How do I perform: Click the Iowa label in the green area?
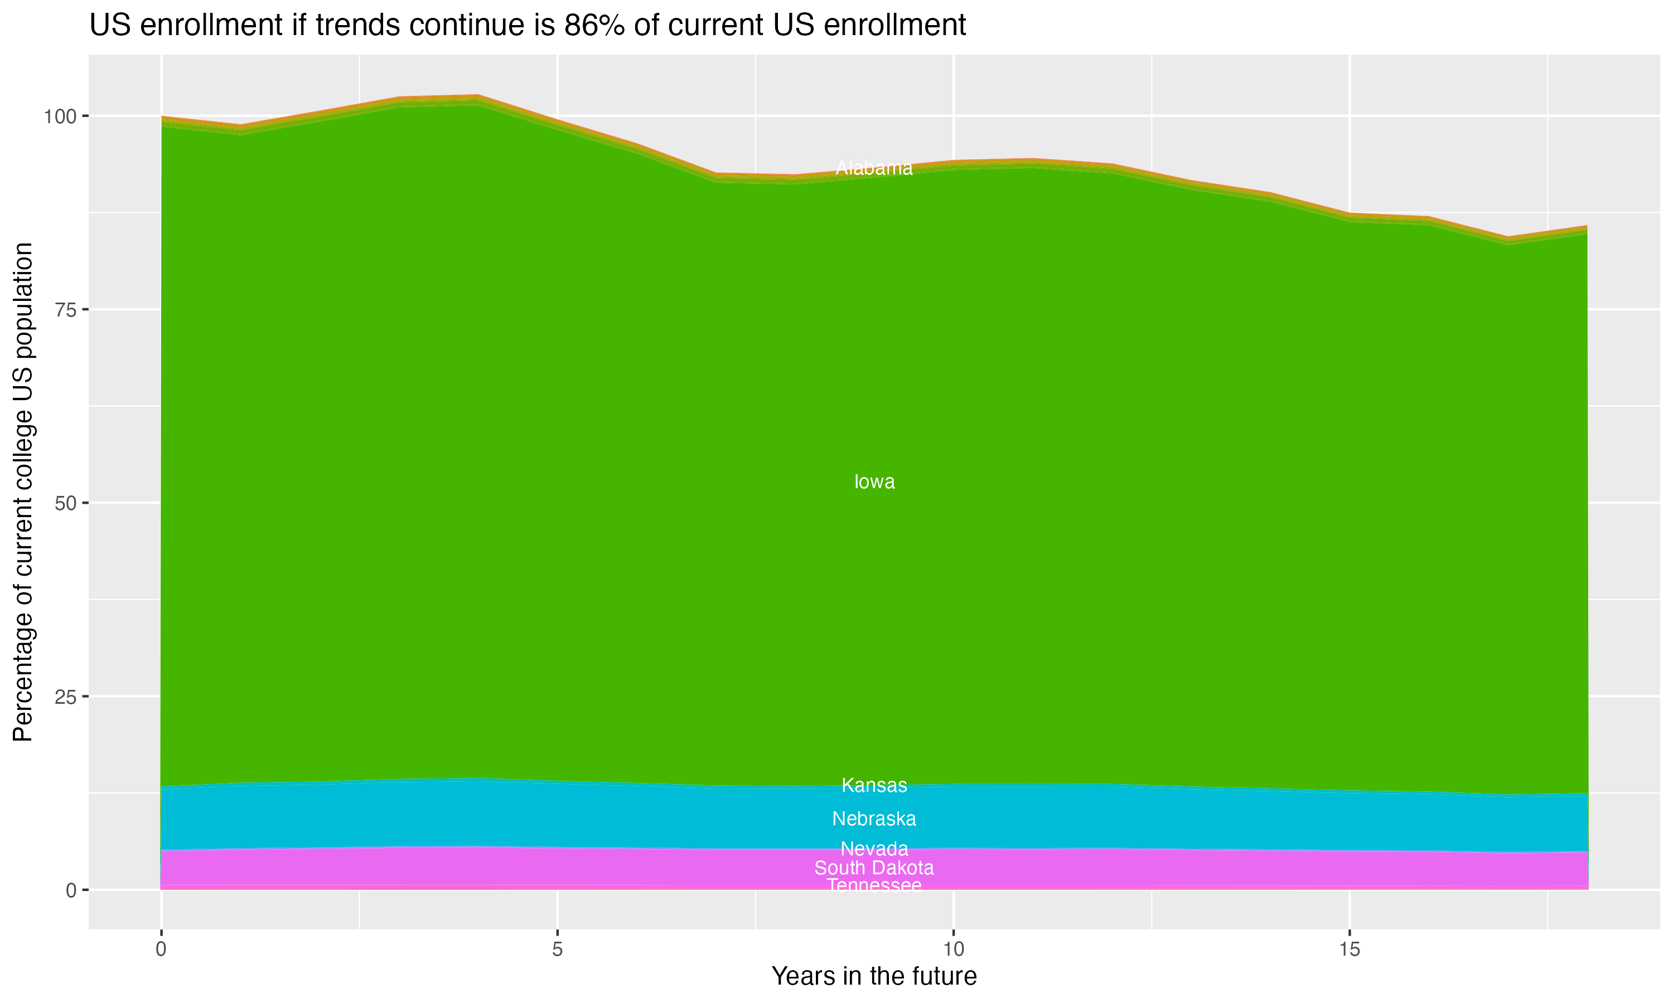[x=874, y=482]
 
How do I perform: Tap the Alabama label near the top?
[x=874, y=168]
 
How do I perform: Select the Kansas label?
[x=874, y=785]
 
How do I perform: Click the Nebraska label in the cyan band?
[x=874, y=819]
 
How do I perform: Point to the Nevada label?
[x=874, y=849]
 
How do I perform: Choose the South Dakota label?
[x=874, y=868]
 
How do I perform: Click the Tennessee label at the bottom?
[x=874, y=885]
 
